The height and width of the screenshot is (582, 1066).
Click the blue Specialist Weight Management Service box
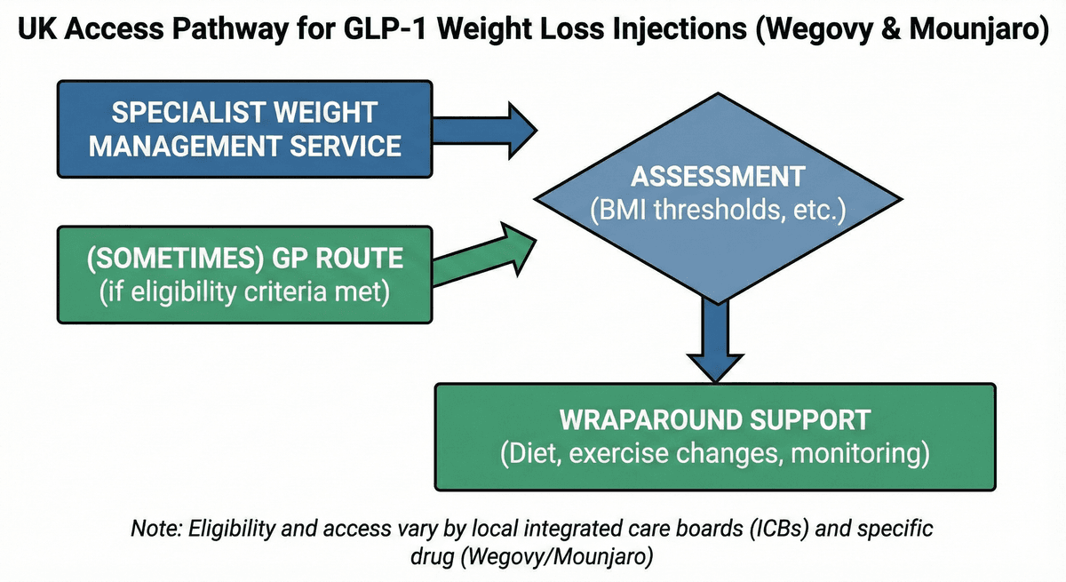[244, 129]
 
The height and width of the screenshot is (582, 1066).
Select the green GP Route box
[244, 275]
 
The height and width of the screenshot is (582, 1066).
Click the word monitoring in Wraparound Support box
[860, 453]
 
